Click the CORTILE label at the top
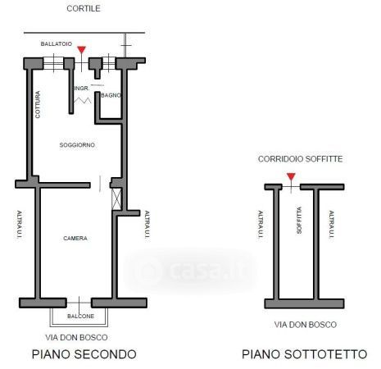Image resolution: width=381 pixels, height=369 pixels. (x=84, y=8)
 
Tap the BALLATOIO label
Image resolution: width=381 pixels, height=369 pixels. (x=57, y=43)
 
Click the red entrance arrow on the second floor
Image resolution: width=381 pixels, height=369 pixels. (x=81, y=50)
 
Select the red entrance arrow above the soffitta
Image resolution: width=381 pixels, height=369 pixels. (x=291, y=176)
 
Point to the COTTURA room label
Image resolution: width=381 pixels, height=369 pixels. (x=38, y=104)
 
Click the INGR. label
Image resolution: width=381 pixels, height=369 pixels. (x=82, y=89)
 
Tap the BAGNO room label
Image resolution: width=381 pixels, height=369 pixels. (x=111, y=95)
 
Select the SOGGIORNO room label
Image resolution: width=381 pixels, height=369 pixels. (x=77, y=145)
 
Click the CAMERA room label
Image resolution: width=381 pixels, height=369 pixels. (x=75, y=239)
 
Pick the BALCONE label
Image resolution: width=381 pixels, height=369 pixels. (x=80, y=316)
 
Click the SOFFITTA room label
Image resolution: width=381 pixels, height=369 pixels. (x=299, y=220)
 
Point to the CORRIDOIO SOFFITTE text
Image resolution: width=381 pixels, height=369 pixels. (x=300, y=159)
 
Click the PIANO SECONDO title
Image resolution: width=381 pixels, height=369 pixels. (x=84, y=354)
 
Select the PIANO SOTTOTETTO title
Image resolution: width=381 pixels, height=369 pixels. (x=304, y=354)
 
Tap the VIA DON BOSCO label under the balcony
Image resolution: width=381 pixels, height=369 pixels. (x=76, y=338)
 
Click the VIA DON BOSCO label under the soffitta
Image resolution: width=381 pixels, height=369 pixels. (x=306, y=325)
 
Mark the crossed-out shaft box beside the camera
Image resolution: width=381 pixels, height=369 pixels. (x=116, y=198)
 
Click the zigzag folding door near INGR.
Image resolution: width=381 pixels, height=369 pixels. (x=83, y=101)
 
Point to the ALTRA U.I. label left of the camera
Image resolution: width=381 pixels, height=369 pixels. (x=20, y=225)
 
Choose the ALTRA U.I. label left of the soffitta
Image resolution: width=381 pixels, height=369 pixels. (x=261, y=225)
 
